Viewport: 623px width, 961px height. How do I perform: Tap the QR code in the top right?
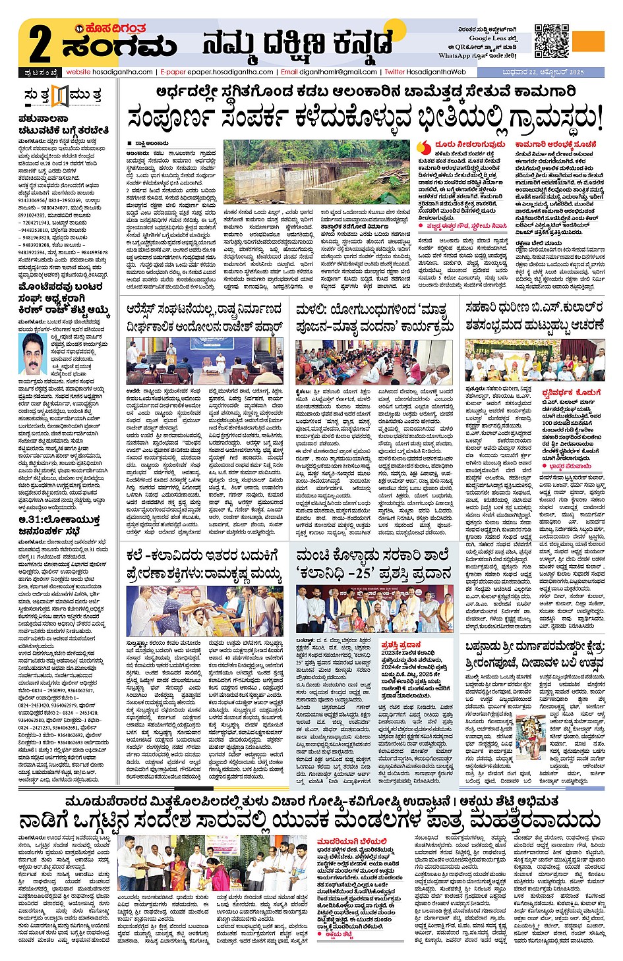pos(551,41)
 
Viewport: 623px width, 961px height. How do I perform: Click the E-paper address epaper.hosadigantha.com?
pos(217,72)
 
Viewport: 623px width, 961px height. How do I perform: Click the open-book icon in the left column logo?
pos(60,96)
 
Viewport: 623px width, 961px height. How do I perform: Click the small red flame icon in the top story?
pos(425,148)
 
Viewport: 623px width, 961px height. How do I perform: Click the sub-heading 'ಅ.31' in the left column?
pos(26,521)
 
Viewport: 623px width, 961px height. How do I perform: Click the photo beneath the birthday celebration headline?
pos(535,360)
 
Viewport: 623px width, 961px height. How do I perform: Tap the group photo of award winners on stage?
pos(374,608)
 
